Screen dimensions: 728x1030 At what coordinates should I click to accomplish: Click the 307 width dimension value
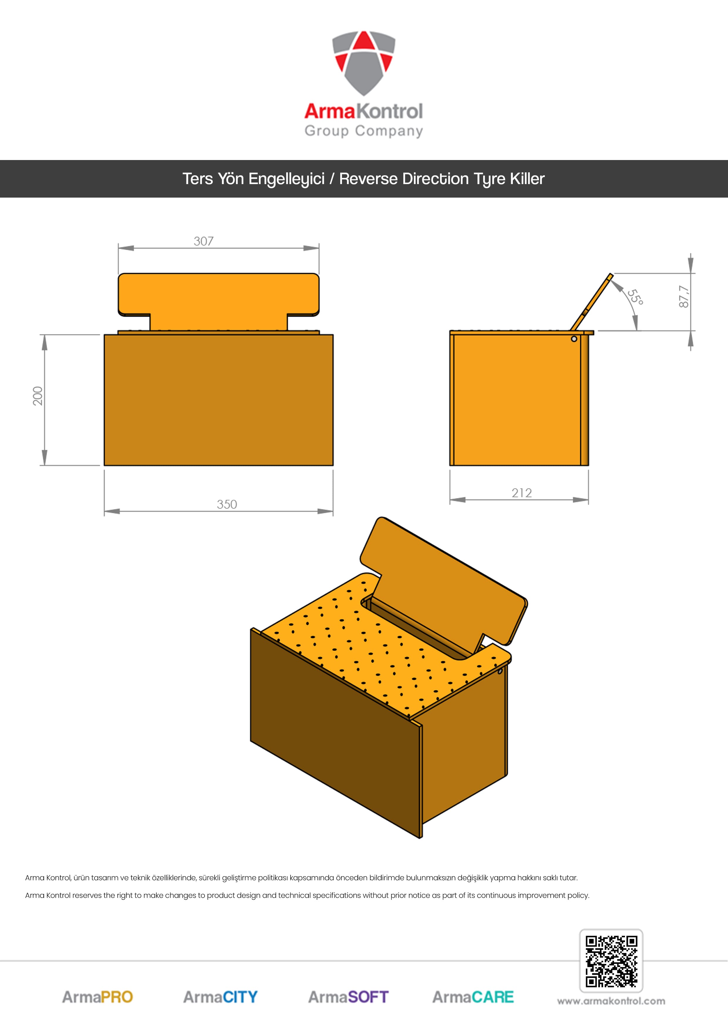pos(204,241)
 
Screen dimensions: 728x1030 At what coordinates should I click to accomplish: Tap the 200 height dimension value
pos(38,396)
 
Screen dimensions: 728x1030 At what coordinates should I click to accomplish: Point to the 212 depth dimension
pos(522,493)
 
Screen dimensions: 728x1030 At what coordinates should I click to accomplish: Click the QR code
pos(611,961)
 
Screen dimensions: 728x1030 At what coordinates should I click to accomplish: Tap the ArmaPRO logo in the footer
pos(97,997)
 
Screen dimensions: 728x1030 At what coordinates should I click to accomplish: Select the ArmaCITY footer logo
pos(220,997)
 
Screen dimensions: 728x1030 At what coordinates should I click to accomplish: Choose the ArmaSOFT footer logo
pos(348,997)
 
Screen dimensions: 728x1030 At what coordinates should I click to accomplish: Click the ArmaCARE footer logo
pos(473,997)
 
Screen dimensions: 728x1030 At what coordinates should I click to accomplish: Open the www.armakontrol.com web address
pos(611,1001)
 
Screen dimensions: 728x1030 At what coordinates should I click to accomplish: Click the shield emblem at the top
pos(364,63)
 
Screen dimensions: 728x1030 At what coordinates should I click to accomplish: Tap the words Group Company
pos(364,131)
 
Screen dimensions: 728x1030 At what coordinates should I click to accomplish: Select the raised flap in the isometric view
pos(444,583)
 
